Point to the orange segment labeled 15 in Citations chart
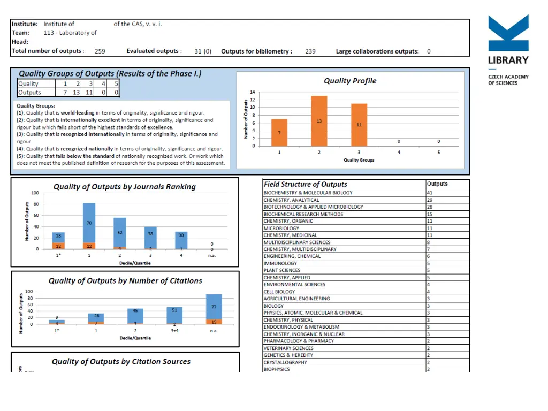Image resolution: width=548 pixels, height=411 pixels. tap(214, 322)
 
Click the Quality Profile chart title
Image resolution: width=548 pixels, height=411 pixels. tap(350, 81)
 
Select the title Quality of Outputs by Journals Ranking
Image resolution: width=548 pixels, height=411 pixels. tap(124, 187)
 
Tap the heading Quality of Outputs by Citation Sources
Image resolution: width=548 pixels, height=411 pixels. tap(121, 362)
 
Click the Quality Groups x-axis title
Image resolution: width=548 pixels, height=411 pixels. tap(359, 160)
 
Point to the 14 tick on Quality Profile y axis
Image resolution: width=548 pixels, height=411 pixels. tap(253, 93)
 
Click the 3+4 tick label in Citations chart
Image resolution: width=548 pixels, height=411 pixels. tap(174, 331)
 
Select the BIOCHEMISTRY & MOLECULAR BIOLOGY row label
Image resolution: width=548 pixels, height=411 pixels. tap(308, 193)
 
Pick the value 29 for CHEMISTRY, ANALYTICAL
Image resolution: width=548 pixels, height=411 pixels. tap(430, 200)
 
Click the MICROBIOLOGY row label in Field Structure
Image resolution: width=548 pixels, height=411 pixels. tap(281, 228)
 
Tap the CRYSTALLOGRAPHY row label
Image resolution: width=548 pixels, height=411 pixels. tap(285, 362)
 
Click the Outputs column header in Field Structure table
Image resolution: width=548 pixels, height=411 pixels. tap(437, 184)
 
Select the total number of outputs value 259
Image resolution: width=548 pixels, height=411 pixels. tap(100, 51)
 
